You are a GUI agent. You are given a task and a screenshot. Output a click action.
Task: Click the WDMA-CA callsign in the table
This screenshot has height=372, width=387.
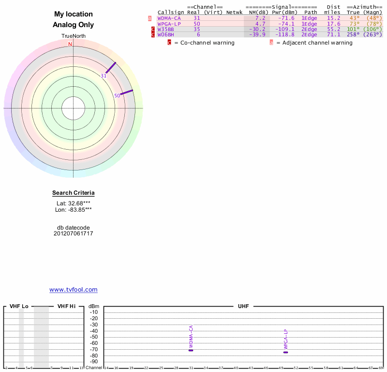(169, 18)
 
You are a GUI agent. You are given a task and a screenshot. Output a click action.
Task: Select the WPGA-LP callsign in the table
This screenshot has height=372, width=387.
(169, 24)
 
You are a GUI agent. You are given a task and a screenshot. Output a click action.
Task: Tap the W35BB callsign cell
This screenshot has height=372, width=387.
(165, 29)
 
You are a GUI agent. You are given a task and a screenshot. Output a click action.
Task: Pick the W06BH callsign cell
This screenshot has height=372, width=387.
(165, 35)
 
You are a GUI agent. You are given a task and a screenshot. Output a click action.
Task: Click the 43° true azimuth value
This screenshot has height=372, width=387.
(354, 18)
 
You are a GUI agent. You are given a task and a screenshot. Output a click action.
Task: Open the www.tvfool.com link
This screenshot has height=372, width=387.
(74, 290)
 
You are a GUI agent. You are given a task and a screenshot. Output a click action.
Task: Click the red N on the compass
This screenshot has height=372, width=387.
(70, 45)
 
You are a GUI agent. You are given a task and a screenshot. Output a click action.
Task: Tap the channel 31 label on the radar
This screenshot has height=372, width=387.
(104, 76)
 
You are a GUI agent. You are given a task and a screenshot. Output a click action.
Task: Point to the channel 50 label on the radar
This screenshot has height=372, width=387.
(117, 96)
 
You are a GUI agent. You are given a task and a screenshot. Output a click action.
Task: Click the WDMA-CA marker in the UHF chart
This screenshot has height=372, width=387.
(191, 350)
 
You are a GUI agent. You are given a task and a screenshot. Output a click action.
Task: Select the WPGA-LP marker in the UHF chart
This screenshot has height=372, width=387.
(285, 352)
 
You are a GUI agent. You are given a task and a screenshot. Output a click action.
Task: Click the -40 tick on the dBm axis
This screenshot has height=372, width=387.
(94, 331)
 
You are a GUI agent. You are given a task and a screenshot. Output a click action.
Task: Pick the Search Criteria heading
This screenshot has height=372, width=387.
(74, 193)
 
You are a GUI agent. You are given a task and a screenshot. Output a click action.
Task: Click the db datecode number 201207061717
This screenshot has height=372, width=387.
(74, 233)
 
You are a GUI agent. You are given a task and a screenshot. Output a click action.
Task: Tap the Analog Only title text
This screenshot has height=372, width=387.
(74, 25)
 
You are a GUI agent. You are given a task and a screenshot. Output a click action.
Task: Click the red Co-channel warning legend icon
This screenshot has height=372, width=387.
(169, 43)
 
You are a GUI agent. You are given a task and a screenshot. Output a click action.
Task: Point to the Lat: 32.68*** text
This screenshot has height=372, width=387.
(74, 203)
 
